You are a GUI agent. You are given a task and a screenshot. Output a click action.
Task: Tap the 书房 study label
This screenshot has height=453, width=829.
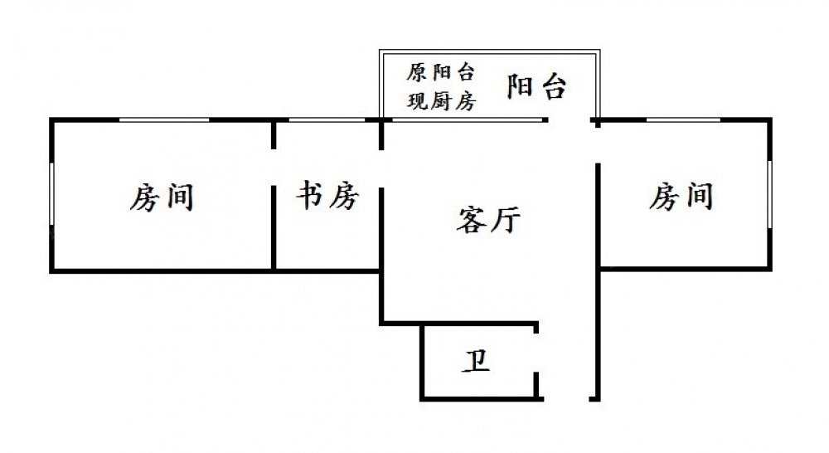[327, 197]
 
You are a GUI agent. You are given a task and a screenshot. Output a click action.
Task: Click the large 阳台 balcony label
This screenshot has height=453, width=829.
[536, 86]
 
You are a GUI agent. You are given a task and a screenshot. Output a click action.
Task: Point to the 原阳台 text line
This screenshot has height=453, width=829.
[440, 72]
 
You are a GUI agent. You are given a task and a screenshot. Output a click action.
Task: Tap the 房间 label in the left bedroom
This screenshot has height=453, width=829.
[162, 197]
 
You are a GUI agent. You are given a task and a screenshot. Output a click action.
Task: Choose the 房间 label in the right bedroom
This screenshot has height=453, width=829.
[681, 197]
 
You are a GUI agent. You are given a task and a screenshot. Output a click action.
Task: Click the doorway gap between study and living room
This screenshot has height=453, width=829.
[381, 169]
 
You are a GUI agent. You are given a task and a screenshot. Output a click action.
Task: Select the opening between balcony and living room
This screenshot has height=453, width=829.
[571, 121]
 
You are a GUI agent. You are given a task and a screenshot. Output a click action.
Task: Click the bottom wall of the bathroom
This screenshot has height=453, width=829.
[481, 398]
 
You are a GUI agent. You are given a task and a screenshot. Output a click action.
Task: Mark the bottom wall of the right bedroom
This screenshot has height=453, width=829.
[685, 268]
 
